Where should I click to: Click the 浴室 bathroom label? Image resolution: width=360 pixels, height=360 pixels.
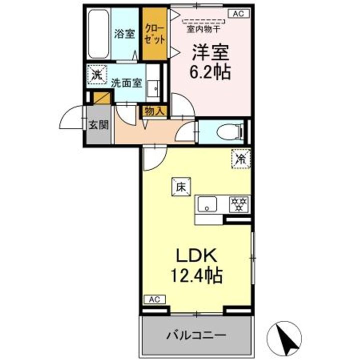(x=124, y=34)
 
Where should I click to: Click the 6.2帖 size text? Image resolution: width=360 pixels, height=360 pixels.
(x=209, y=71)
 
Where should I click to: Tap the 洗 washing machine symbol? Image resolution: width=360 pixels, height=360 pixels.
(x=95, y=75)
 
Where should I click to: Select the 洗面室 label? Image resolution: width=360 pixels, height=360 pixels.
(x=125, y=83)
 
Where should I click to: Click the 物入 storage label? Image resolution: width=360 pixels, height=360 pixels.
(x=153, y=111)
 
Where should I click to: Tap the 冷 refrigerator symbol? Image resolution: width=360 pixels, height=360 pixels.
(x=240, y=159)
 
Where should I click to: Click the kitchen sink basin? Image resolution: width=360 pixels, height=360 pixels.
(x=207, y=204)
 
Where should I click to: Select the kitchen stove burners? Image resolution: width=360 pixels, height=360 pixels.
(x=238, y=204)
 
